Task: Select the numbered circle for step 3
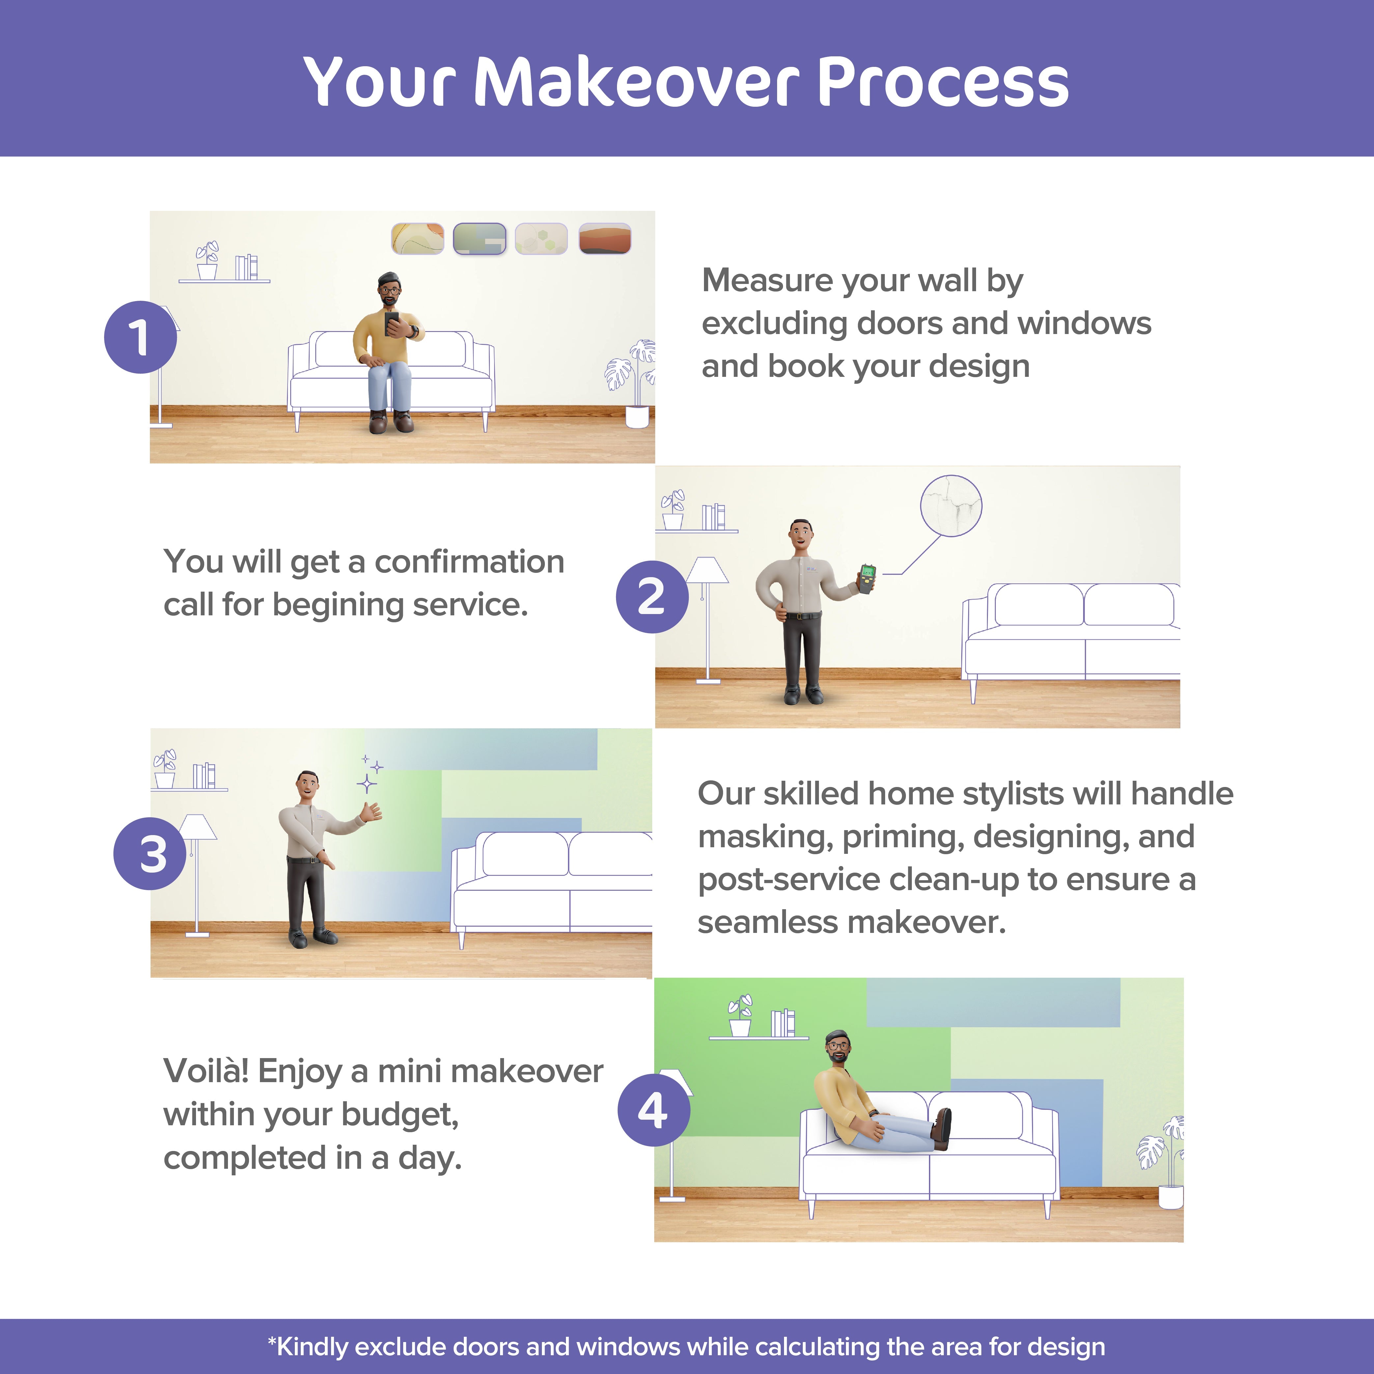(150, 854)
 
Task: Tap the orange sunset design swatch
(604, 238)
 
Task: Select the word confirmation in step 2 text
(469, 562)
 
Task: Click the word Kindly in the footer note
(308, 1346)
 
